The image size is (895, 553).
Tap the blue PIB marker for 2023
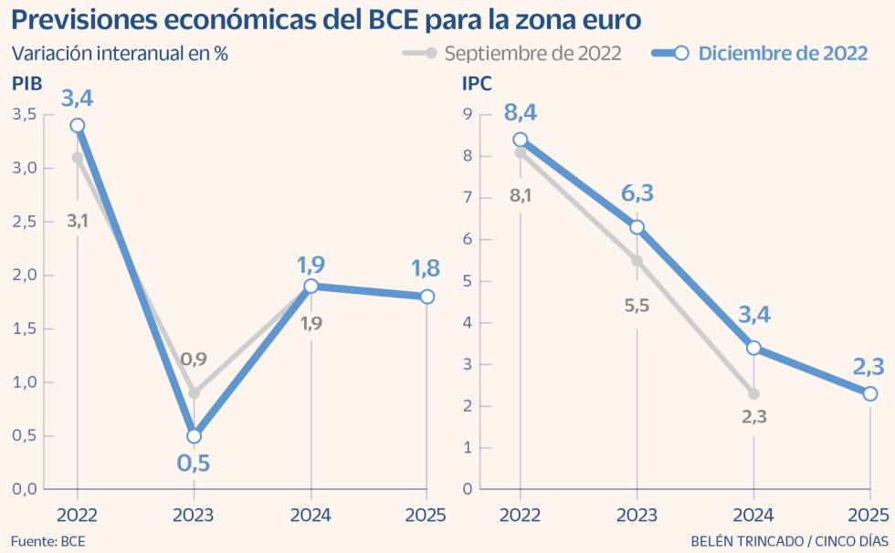coord(194,436)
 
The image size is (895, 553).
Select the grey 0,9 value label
coord(194,360)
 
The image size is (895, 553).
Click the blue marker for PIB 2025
coord(427,297)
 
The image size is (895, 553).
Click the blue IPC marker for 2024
coord(753,348)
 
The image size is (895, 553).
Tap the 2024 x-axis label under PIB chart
coord(311,516)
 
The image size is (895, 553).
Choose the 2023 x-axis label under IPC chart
coord(637,516)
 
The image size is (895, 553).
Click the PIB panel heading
coord(27,84)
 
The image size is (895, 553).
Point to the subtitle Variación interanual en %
coord(120,53)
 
